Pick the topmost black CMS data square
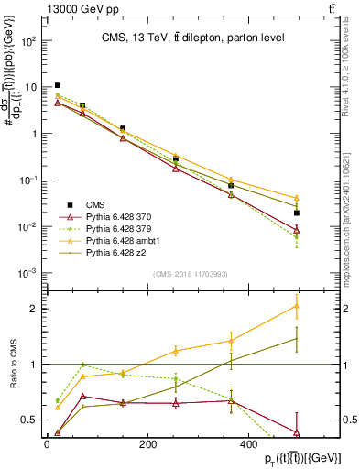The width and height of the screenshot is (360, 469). coord(58,85)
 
